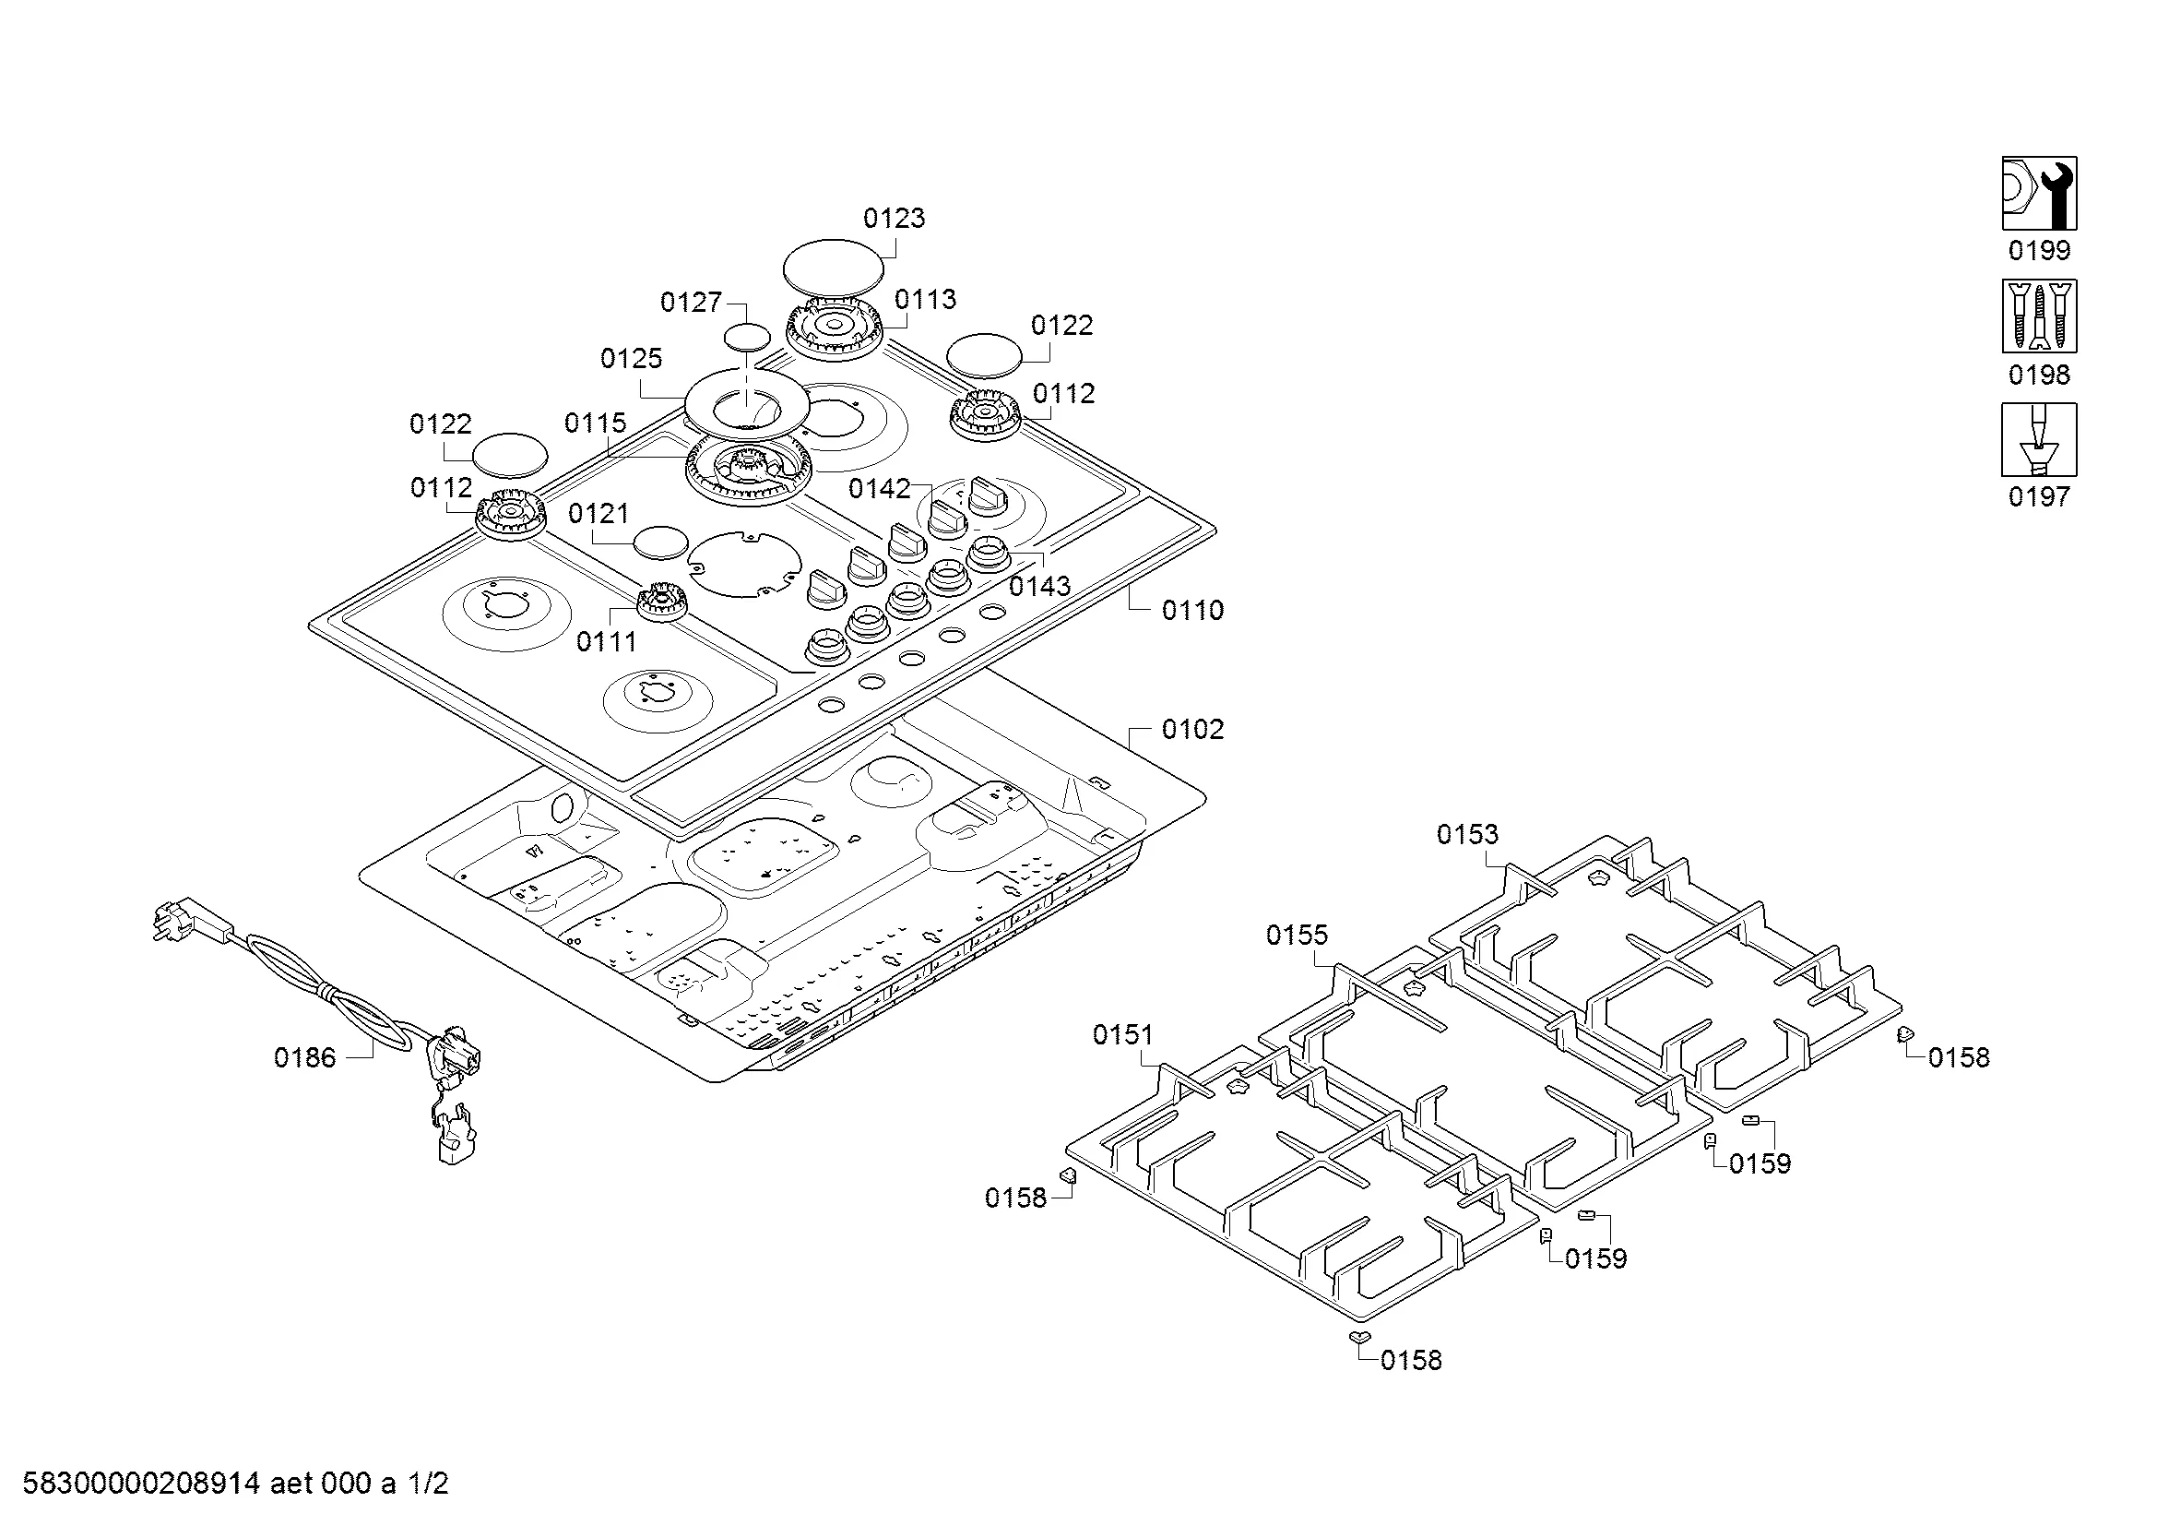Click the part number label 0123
click(x=894, y=219)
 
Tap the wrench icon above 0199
click(x=2039, y=194)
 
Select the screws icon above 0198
click(x=2039, y=316)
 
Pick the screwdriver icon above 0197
click(x=2039, y=440)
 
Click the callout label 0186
click(x=304, y=1058)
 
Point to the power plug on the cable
click(x=192, y=921)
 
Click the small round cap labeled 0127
click(x=748, y=336)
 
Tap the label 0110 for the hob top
click(x=1192, y=611)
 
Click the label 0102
click(x=1192, y=730)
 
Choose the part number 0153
click(x=1467, y=834)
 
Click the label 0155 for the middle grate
click(x=1297, y=935)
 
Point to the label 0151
click(x=1122, y=1035)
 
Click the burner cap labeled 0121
click(x=660, y=543)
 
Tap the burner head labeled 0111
click(x=662, y=601)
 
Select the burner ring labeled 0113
click(x=835, y=328)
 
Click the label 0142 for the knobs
click(x=880, y=489)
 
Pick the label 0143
click(x=1040, y=587)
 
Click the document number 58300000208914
click(x=141, y=1484)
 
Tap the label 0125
click(x=632, y=359)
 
